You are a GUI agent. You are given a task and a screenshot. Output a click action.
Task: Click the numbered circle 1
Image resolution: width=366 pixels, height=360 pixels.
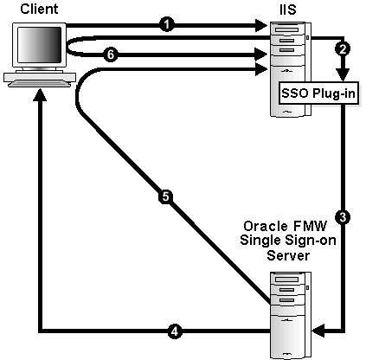pyautogui.click(x=165, y=25)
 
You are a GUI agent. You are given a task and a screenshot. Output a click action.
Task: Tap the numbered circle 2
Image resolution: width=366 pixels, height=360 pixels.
pyautogui.click(x=343, y=49)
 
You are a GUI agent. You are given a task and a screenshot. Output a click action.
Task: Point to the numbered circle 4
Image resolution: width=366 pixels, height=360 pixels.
pyautogui.click(x=174, y=330)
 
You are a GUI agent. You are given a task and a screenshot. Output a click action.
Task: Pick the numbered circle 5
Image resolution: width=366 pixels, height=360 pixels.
pyautogui.click(x=165, y=196)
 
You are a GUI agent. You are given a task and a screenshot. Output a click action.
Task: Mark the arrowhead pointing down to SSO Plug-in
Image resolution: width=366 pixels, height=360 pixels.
pyautogui.click(x=343, y=74)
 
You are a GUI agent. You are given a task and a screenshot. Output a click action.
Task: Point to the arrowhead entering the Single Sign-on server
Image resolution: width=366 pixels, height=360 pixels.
pyautogui.click(x=317, y=330)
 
